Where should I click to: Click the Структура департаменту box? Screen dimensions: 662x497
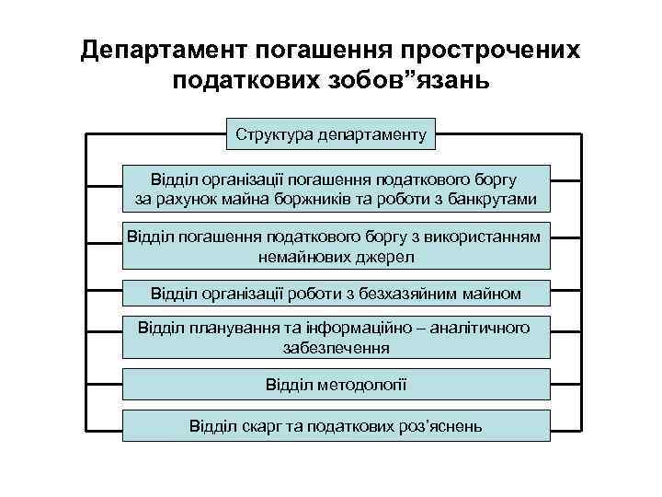pyautogui.click(x=331, y=134)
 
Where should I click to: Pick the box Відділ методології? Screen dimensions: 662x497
pyautogui.click(x=336, y=384)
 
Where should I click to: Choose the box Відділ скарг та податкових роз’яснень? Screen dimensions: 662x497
pyautogui.click(x=336, y=426)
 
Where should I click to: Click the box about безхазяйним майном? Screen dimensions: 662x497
pyautogui.click(x=336, y=294)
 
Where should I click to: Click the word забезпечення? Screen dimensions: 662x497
pyautogui.click(x=336, y=348)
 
